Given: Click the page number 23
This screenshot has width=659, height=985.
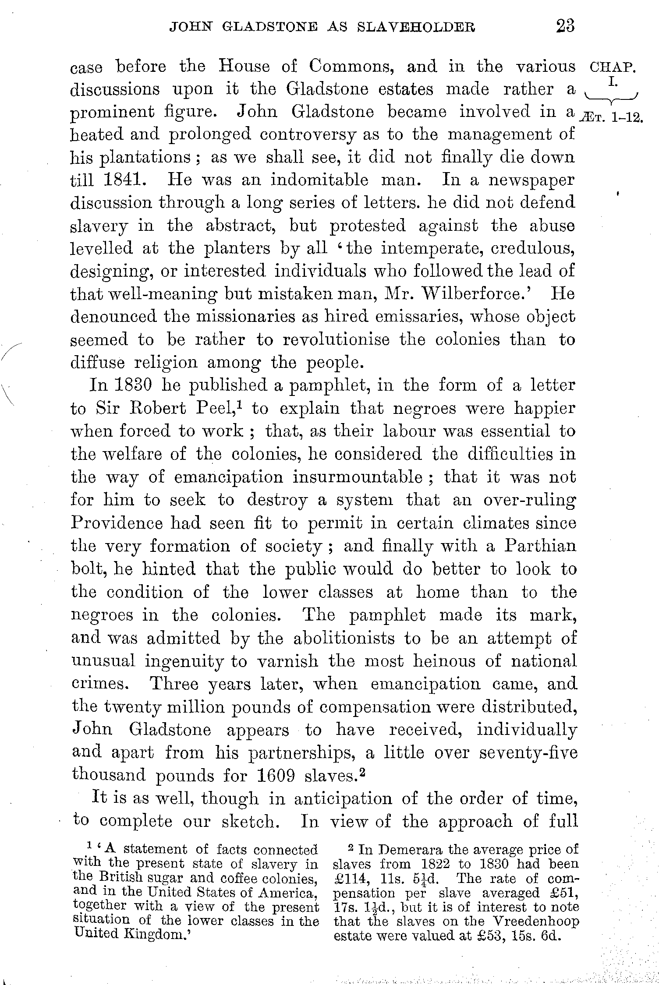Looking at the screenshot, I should coord(565,26).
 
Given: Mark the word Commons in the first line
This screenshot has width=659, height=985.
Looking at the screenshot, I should coord(349,67).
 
